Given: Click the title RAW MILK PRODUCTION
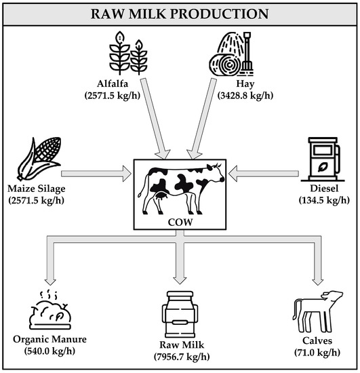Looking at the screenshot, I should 180,14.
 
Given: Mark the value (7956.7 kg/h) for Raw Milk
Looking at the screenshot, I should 179,357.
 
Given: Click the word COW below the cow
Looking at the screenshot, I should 179,220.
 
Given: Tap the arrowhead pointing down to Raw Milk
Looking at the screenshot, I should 179,278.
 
